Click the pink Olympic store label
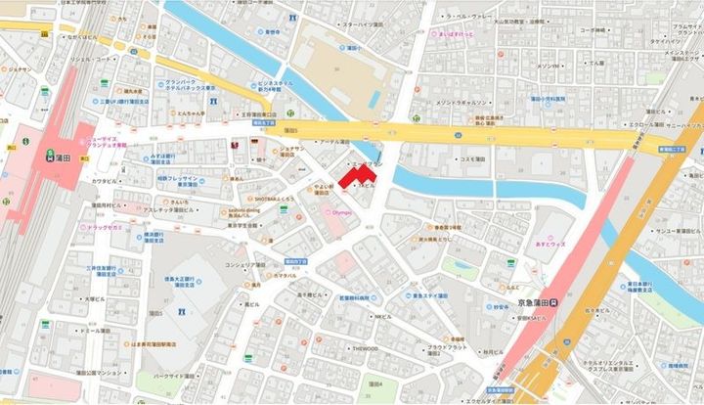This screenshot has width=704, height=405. tap(338, 209)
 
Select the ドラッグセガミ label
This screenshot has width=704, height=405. tap(101, 226)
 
